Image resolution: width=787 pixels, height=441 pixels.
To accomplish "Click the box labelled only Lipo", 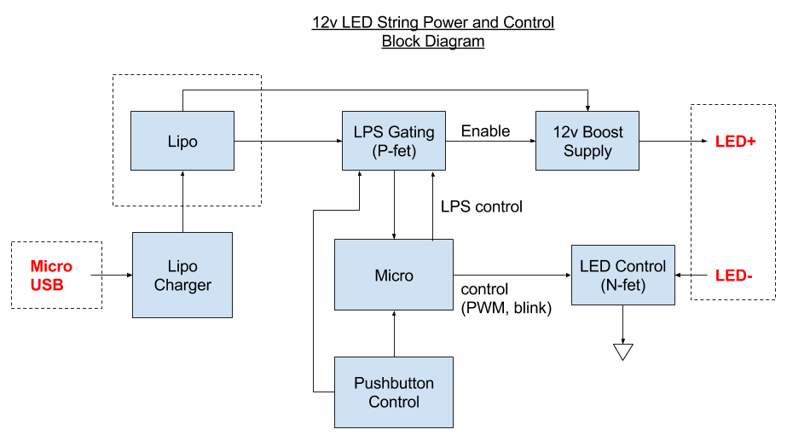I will (182, 141).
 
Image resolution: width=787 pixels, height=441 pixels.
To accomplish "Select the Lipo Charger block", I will (182, 275).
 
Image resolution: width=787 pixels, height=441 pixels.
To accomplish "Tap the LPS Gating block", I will (393, 141).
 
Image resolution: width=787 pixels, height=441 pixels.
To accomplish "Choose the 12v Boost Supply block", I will (587, 141).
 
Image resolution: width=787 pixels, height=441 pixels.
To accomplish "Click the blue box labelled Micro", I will (393, 275).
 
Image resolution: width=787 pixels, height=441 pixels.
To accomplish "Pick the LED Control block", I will (622, 275).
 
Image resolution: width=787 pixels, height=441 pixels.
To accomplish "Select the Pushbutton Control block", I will (393, 392).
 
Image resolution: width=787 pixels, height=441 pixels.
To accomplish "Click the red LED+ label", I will (736, 142).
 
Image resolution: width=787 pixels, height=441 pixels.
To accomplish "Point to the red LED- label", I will (733, 276).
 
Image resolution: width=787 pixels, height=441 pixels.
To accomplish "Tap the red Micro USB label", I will (50, 276).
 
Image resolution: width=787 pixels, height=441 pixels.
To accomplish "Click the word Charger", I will (182, 285).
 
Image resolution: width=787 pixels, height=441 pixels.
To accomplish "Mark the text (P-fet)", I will (394, 151).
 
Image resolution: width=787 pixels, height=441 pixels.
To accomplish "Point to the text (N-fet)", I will (622, 285).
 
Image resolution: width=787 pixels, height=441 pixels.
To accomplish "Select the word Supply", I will (587, 151).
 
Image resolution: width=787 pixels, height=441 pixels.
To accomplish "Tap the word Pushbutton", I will (394, 383).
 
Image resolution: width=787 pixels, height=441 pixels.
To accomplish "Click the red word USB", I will (46, 286).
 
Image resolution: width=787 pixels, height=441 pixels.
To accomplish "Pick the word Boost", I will (603, 132).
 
